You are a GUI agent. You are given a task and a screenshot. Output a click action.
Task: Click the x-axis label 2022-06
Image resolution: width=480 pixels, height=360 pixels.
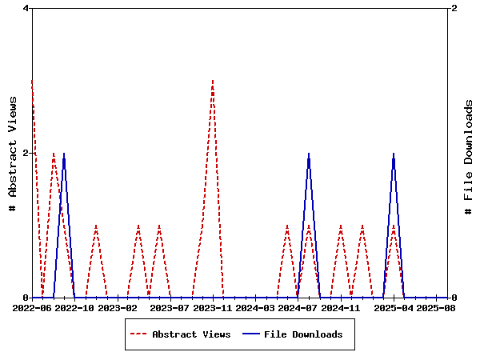tap(32, 307)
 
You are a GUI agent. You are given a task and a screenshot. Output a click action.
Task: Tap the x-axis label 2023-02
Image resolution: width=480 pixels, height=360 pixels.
tap(118, 307)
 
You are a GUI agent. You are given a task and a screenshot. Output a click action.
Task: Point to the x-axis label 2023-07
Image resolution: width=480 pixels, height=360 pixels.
tap(170, 307)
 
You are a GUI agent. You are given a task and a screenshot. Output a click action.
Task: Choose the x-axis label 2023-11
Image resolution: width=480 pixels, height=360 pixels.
tap(213, 307)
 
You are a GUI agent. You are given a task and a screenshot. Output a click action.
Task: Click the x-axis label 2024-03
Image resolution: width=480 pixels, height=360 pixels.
tap(255, 307)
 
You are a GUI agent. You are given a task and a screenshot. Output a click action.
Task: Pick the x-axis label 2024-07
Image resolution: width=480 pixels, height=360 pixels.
tap(298, 307)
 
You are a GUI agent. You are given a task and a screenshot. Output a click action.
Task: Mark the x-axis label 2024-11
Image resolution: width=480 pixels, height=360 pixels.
tap(341, 307)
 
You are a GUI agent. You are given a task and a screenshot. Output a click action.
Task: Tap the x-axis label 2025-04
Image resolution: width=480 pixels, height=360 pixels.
tap(394, 307)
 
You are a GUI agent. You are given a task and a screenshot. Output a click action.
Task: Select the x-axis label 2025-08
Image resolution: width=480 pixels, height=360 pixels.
tap(436, 307)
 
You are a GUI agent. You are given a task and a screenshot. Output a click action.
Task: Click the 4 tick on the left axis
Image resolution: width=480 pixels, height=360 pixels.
tap(26, 8)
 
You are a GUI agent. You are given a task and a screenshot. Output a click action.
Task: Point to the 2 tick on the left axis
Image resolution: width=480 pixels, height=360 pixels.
tap(26, 153)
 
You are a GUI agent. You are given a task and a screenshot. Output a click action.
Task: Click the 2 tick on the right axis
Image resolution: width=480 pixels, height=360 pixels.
tap(454, 8)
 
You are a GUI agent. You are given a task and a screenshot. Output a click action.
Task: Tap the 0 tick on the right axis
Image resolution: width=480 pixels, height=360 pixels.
tap(454, 298)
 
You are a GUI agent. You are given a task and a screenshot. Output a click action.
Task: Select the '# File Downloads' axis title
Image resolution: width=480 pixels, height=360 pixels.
tap(470, 157)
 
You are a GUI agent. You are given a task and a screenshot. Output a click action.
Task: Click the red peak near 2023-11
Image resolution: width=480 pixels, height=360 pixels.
tap(213, 81)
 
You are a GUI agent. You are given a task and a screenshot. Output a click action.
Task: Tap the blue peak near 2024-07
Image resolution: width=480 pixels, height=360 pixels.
tap(309, 154)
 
